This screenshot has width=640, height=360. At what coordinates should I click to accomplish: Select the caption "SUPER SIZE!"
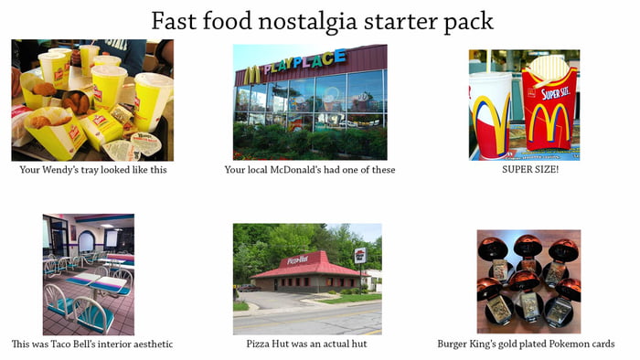524,169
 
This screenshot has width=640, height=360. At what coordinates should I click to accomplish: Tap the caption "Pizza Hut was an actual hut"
307,344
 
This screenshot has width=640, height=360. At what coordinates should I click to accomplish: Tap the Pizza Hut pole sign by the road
359,256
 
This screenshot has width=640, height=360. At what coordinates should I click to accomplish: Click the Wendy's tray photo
91,101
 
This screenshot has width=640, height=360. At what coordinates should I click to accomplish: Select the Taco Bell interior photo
88,274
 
